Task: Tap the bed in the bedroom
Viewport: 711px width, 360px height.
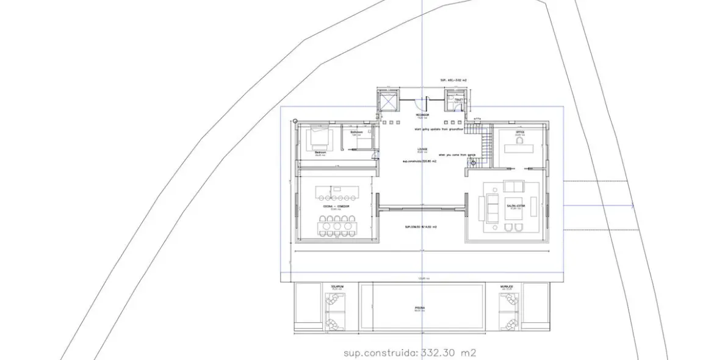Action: pos(320,139)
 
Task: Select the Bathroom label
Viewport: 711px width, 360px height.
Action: pos(356,132)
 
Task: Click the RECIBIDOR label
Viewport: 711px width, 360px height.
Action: pos(422,114)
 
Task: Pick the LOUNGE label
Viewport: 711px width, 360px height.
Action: pos(422,148)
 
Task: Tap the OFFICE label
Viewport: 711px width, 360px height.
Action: pos(519,131)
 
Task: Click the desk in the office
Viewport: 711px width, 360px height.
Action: pos(520,145)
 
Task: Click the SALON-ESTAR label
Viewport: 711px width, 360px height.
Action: pos(515,206)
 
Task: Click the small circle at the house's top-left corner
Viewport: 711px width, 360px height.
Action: pos(295,121)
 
